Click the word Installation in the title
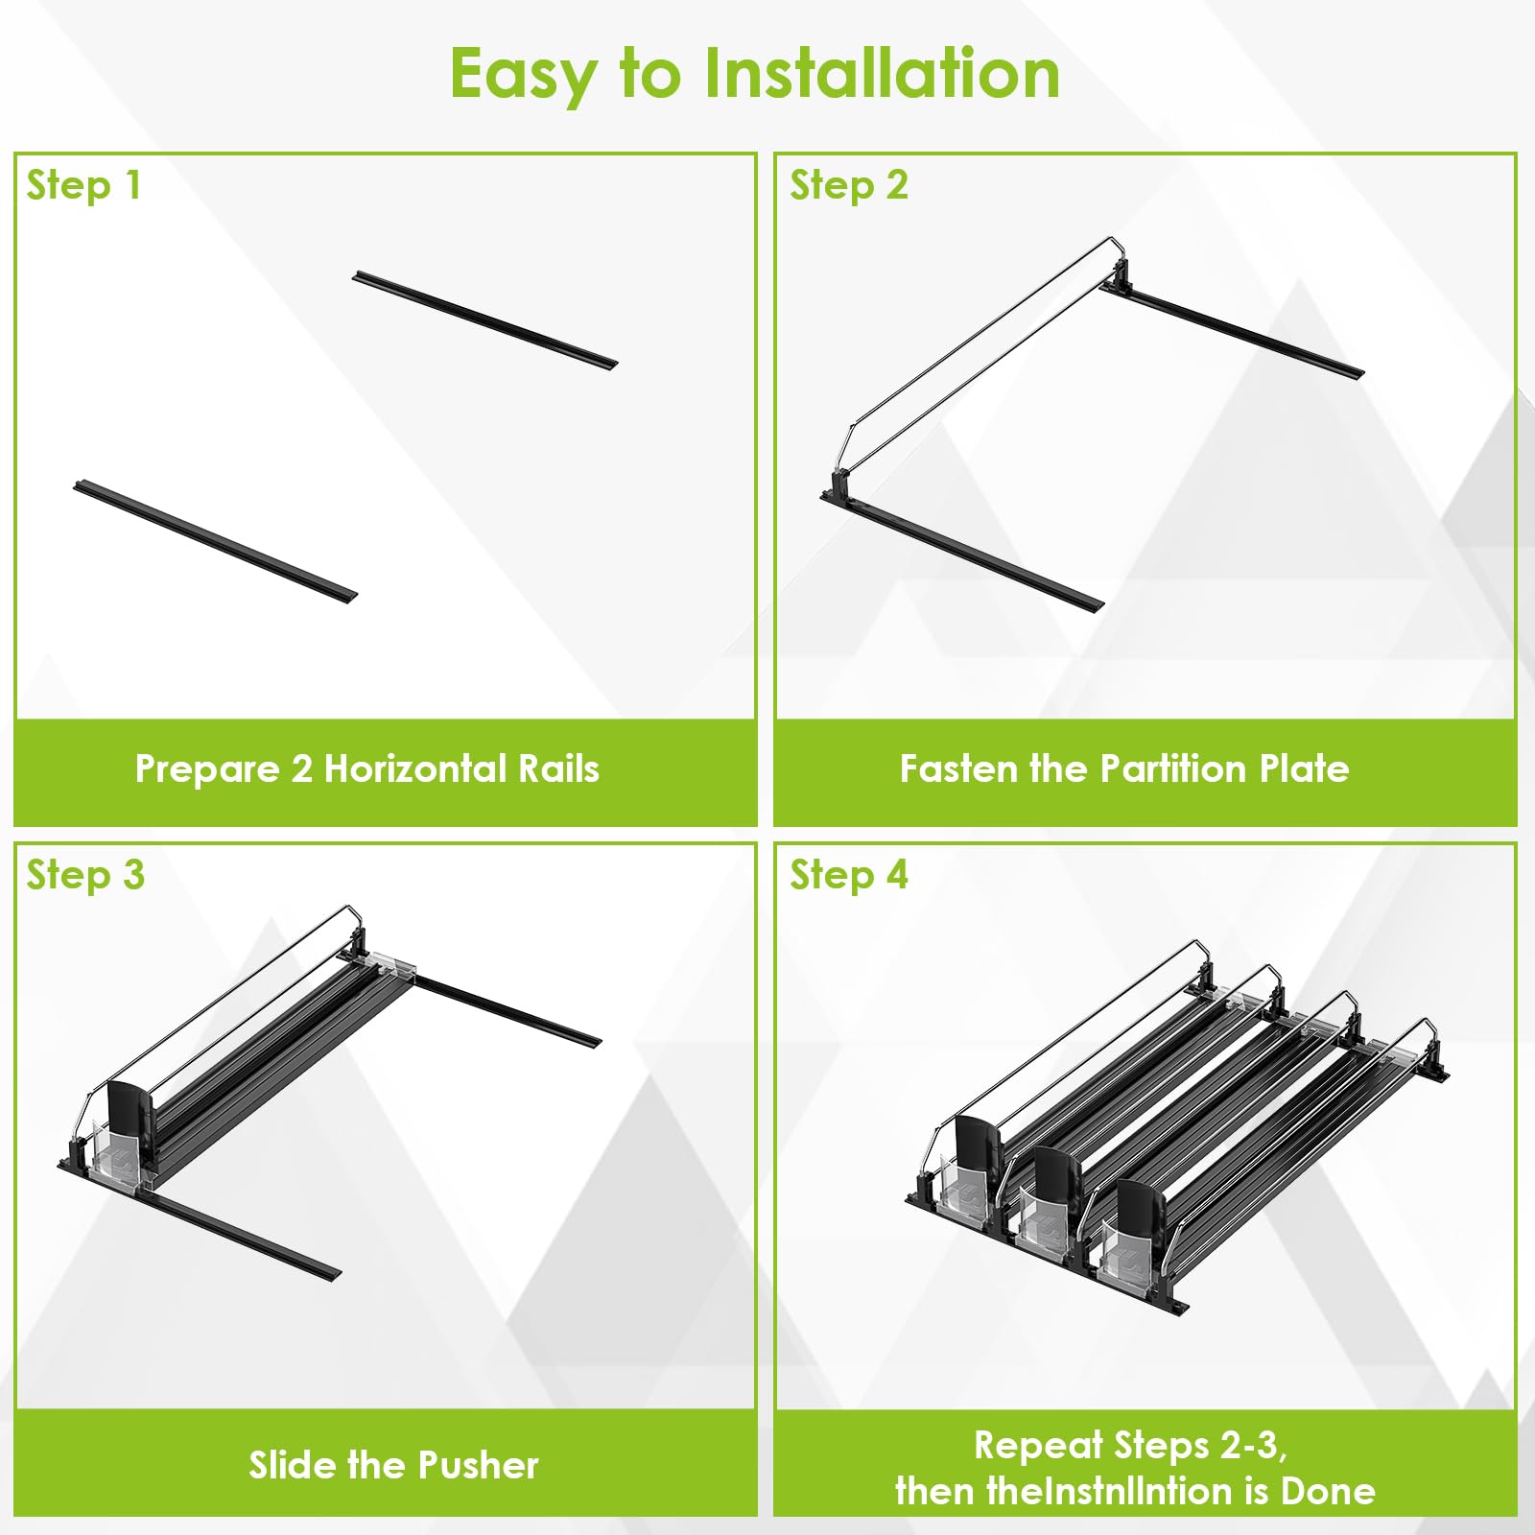click(x=883, y=74)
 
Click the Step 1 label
click(x=84, y=185)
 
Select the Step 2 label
click(x=849, y=185)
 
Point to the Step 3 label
click(x=85, y=875)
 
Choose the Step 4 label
click(x=849, y=875)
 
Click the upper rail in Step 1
click(x=484, y=319)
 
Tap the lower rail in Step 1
click(x=216, y=541)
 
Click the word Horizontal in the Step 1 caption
click(x=415, y=768)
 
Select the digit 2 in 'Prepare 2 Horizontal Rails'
click(x=301, y=769)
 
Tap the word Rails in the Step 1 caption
click(x=558, y=768)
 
